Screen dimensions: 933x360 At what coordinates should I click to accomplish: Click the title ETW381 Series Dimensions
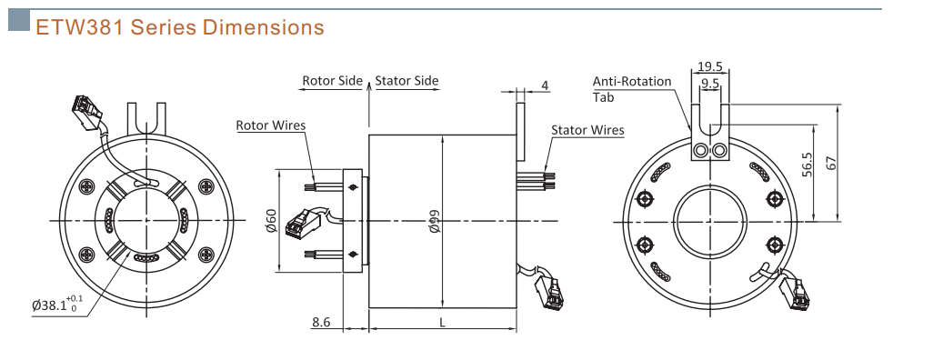pos(180,27)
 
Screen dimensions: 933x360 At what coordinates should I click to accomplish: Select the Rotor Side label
pos(332,80)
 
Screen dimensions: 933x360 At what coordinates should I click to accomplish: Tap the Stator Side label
pos(407,80)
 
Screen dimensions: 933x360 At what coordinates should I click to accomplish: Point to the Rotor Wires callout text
pos(271,125)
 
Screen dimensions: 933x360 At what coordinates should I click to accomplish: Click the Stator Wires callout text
pos(587,130)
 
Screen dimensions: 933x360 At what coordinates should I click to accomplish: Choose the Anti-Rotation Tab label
pos(632,89)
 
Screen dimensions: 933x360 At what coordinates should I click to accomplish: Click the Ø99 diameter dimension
pos(435,221)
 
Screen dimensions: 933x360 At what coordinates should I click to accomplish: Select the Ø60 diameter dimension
pos(271,221)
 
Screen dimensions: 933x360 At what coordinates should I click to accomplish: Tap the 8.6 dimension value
pos(321,322)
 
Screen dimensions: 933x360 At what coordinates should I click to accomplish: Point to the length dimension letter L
pos(442,322)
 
